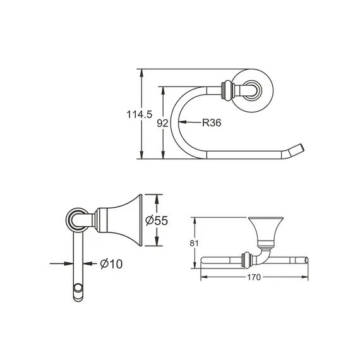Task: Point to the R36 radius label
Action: [x=211, y=124]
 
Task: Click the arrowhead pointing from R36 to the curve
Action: [x=184, y=123]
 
